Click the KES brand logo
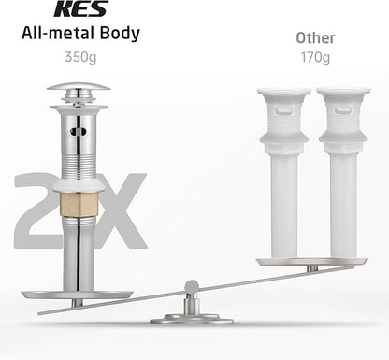tap(81, 8)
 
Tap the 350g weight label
tap(80, 57)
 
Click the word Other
tap(315, 37)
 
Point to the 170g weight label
tap(315, 57)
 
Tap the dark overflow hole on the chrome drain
tap(78, 132)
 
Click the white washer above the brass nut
tap(79, 186)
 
